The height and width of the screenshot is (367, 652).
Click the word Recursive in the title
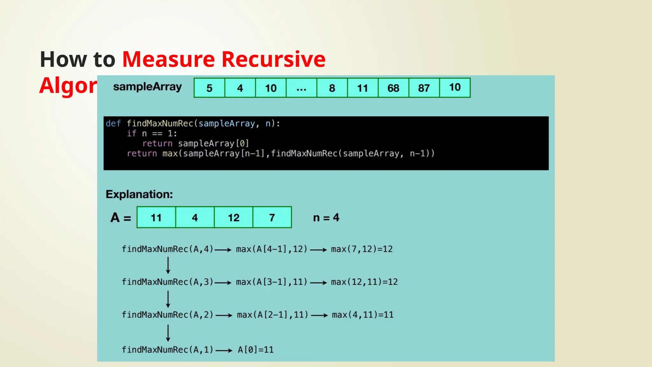click(x=273, y=59)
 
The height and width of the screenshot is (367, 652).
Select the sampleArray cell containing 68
click(x=393, y=88)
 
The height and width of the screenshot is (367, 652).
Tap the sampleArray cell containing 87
click(x=424, y=88)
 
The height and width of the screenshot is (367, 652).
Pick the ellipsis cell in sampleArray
click(x=301, y=88)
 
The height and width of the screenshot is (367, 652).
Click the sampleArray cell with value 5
click(x=209, y=88)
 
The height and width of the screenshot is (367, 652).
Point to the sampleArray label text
click(x=147, y=87)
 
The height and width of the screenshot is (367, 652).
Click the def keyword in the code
click(x=113, y=124)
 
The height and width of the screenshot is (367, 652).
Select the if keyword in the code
click(x=131, y=133)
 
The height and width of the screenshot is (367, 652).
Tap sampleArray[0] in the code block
click(x=213, y=144)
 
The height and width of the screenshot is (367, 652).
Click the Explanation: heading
click(x=139, y=194)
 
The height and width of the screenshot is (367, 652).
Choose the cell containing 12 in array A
click(x=233, y=218)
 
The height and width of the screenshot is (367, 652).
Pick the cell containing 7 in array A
click(x=272, y=218)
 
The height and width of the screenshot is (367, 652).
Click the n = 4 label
click(x=326, y=218)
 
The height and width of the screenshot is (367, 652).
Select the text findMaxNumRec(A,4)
click(x=167, y=249)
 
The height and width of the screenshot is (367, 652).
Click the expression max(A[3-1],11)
click(x=272, y=282)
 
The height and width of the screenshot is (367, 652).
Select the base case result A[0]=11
click(x=256, y=350)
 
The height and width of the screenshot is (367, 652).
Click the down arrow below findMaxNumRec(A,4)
click(x=168, y=265)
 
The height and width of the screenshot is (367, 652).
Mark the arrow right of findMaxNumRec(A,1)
click(x=224, y=350)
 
